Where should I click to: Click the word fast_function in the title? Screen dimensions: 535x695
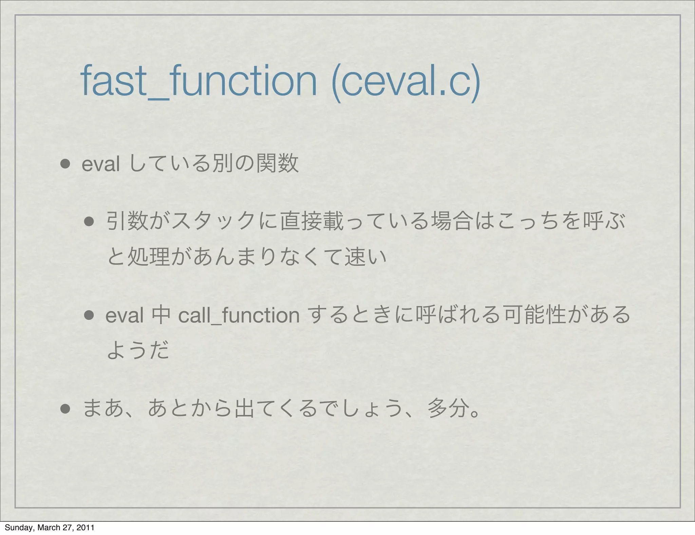tap(199, 82)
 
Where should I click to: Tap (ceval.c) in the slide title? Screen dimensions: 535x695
tap(406, 82)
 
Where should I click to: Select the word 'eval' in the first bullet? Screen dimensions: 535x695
tap(101, 164)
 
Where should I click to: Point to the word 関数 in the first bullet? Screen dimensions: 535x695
tap(278, 164)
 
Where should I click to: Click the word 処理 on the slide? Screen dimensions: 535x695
tap(148, 257)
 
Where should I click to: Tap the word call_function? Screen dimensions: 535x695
tap(239, 315)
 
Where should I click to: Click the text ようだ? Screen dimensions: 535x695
tap(138, 351)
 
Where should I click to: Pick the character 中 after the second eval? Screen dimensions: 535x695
tap(161, 315)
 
